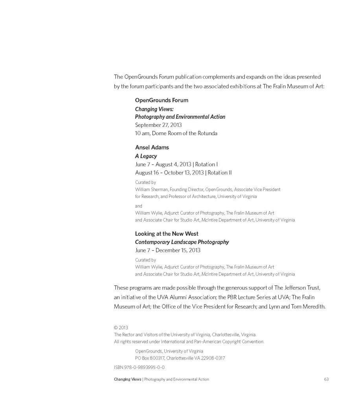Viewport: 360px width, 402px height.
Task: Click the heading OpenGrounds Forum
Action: [162, 100]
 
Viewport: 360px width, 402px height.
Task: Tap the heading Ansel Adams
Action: [152, 148]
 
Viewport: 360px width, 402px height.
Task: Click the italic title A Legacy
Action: [146, 156]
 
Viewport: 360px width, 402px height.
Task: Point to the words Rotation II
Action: [220, 173]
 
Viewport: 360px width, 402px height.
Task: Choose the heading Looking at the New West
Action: [167, 234]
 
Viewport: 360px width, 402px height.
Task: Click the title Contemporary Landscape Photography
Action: [182, 242]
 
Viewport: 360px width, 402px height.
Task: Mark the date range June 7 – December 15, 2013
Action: [167, 250]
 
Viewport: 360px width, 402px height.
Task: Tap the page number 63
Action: [326, 379]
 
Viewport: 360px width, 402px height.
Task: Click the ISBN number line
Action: [139, 367]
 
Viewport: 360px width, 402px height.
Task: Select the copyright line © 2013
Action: [121, 327]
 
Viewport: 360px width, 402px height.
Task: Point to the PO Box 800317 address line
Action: [180, 358]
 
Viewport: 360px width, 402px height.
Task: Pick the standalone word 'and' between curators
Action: [138, 206]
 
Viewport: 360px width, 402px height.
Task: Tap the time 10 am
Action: [141, 133]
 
